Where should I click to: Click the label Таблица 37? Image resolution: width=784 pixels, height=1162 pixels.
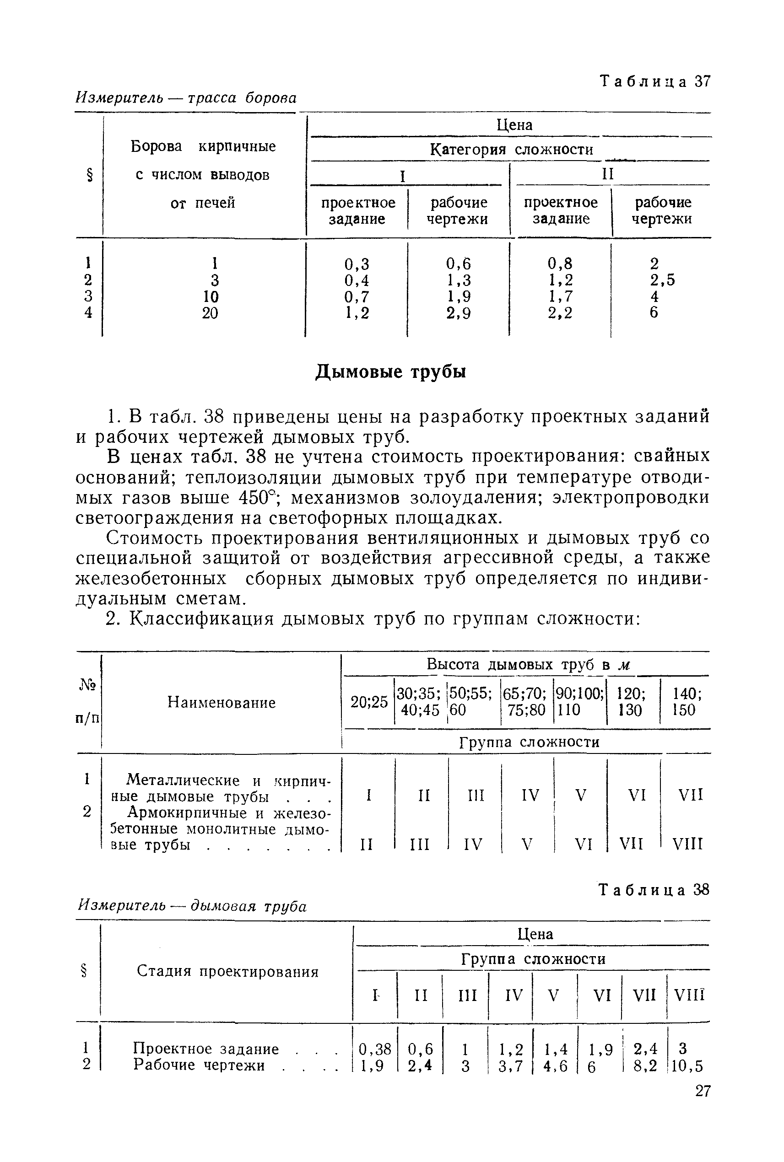pyautogui.click(x=654, y=81)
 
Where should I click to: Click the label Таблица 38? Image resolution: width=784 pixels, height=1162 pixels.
pyautogui.click(x=654, y=890)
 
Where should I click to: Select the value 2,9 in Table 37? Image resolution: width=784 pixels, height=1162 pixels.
pyautogui.click(x=459, y=313)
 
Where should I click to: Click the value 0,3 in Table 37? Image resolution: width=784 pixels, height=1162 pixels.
pyautogui.click(x=357, y=264)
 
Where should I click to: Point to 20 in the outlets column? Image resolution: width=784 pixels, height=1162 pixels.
pyautogui.click(x=211, y=313)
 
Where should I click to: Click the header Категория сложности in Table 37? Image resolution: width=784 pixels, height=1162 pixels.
pyautogui.click(x=512, y=150)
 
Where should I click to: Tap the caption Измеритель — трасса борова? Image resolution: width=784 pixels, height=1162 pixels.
pyautogui.click(x=185, y=98)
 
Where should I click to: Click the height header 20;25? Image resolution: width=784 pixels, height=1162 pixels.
pyautogui.click(x=369, y=702)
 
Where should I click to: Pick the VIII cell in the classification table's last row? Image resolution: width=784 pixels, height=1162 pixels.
pyautogui.click(x=687, y=845)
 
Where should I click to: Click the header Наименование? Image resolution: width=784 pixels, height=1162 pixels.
pyautogui.click(x=221, y=703)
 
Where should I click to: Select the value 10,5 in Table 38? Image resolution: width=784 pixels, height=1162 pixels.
pyautogui.click(x=687, y=1066)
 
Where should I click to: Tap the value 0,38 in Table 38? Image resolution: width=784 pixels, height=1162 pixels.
pyautogui.click(x=375, y=1049)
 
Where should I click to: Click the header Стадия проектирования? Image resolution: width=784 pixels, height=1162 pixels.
pyautogui.click(x=227, y=972)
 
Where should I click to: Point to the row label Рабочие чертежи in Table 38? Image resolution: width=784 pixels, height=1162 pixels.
pyautogui.click(x=199, y=1065)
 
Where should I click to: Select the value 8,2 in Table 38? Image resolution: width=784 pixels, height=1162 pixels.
pyautogui.click(x=645, y=1066)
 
